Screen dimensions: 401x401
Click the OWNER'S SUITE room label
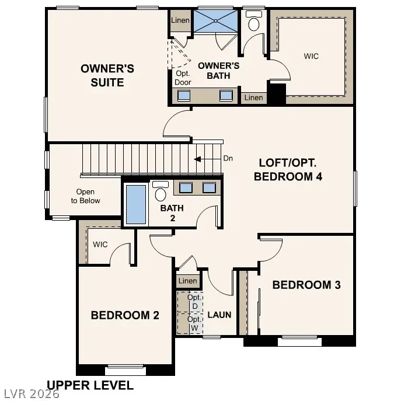point(107,76)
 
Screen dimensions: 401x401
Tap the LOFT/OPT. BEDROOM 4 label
point(288,170)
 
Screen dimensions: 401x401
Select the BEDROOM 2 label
point(125,315)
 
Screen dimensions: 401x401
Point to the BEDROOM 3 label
point(306,285)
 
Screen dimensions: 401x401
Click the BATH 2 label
point(172,213)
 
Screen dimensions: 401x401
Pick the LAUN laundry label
point(219,315)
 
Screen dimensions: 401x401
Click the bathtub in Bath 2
point(136,204)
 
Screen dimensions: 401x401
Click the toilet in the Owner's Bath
point(254,23)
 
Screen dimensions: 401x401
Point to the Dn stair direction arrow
point(203,159)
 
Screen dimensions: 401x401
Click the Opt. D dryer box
point(194,302)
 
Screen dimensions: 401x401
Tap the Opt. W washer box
point(194,323)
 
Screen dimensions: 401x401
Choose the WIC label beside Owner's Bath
point(311,57)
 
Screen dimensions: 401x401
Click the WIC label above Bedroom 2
point(100,245)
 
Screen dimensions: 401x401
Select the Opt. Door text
point(183,78)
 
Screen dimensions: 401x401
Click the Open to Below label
point(85,196)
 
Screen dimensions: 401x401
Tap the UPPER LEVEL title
point(90,385)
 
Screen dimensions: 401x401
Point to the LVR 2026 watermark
point(30,395)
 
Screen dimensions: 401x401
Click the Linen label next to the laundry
point(188,281)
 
